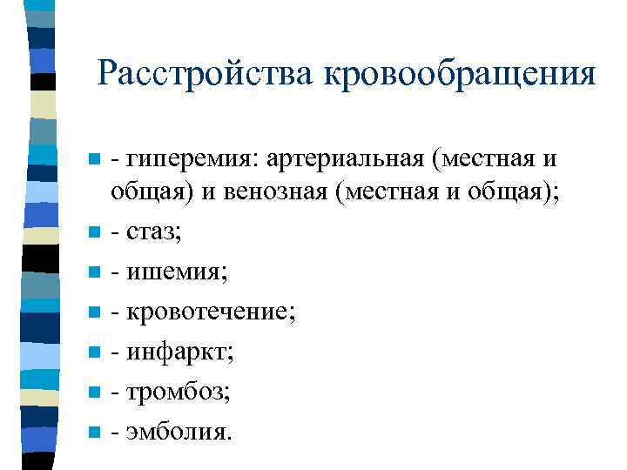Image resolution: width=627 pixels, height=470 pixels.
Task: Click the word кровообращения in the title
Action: coord(460,73)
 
